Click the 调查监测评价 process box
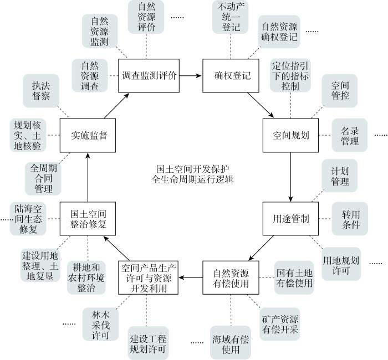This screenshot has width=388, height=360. point(149,76)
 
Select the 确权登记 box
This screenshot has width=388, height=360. point(231,76)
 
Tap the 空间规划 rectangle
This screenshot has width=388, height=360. point(290,135)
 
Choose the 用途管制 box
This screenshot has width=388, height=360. point(290,219)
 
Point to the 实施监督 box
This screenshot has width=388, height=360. point(88,135)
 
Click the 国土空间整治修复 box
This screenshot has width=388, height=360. point(88,219)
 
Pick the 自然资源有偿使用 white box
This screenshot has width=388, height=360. point(231,277)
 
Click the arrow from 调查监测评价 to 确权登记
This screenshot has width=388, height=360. point(191,76)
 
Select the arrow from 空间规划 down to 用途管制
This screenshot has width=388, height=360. point(290,177)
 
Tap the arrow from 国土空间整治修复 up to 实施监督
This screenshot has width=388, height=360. point(88,177)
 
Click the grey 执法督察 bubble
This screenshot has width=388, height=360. point(41,91)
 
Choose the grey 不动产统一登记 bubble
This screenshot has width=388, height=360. point(231,17)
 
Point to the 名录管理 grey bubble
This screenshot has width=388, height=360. point(350,135)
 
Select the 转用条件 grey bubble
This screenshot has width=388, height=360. point(350,219)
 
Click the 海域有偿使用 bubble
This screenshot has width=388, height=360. point(231,343)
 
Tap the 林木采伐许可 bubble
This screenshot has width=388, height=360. point(101,324)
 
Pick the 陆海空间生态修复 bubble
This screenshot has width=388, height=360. point(28,219)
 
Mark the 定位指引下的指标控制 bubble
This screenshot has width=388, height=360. point(290,75)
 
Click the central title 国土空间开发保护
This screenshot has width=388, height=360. point(192,169)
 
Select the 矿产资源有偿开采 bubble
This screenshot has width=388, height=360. point(280,324)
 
